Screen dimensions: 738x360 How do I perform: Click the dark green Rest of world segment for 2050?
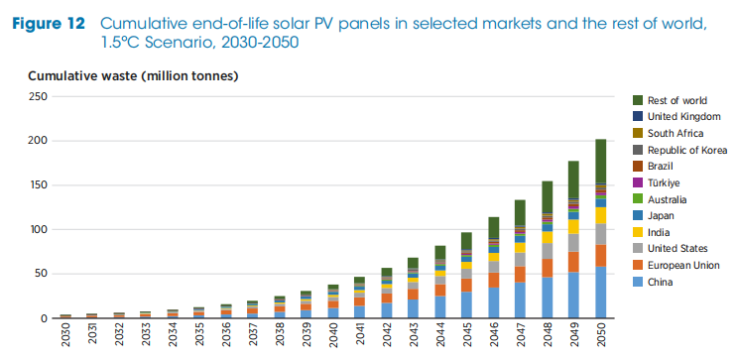tap(600, 161)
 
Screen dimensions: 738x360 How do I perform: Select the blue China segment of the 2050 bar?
tap(600, 293)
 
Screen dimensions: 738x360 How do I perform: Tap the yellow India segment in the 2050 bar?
tap(600, 215)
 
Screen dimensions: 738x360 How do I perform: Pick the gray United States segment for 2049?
tap(573, 242)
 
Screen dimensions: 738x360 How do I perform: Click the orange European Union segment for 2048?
tap(547, 268)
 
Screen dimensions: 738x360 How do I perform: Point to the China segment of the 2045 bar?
tap(466, 304)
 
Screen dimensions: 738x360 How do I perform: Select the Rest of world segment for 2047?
tap(520, 212)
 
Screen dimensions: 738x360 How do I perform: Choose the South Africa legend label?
tap(676, 133)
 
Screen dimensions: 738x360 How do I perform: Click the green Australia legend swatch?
tap(638, 199)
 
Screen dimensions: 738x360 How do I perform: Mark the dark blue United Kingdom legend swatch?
tap(638, 116)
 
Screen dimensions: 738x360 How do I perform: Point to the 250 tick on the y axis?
tap(39, 96)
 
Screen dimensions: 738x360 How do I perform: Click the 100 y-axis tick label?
tap(39, 230)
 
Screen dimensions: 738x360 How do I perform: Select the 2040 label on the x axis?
tap(332, 337)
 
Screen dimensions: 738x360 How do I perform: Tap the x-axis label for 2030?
tap(65, 337)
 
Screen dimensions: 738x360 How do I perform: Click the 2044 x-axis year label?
tap(440, 337)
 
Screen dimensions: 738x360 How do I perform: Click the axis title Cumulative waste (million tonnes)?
tap(133, 75)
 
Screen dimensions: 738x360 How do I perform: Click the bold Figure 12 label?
tap(49, 24)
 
